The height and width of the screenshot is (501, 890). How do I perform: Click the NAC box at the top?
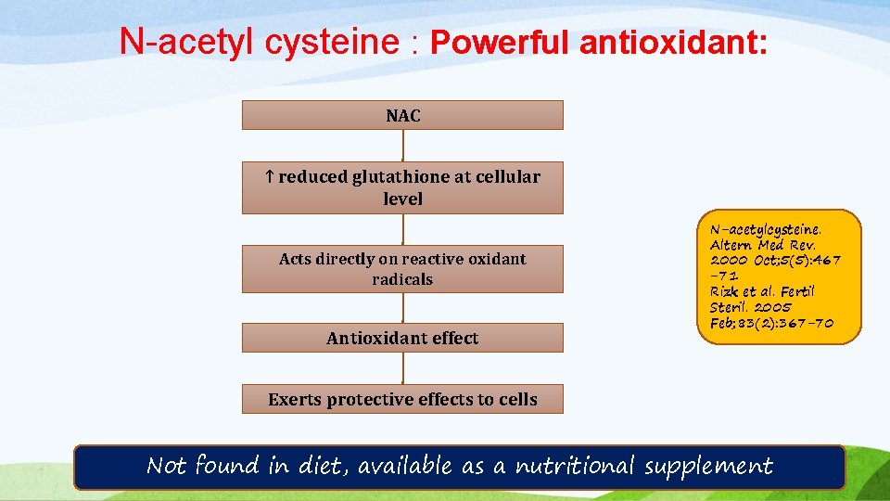(x=402, y=115)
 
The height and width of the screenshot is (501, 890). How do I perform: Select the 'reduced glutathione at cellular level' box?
(x=402, y=186)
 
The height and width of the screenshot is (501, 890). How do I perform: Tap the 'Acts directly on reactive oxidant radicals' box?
(x=402, y=269)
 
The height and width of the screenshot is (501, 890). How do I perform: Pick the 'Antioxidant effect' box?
(x=402, y=338)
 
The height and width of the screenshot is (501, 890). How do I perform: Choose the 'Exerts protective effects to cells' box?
(x=402, y=399)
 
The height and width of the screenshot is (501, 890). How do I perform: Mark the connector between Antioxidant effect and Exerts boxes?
(x=403, y=367)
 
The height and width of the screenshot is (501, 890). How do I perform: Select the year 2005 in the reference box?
(x=772, y=307)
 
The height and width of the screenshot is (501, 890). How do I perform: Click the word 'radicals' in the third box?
(x=402, y=279)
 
